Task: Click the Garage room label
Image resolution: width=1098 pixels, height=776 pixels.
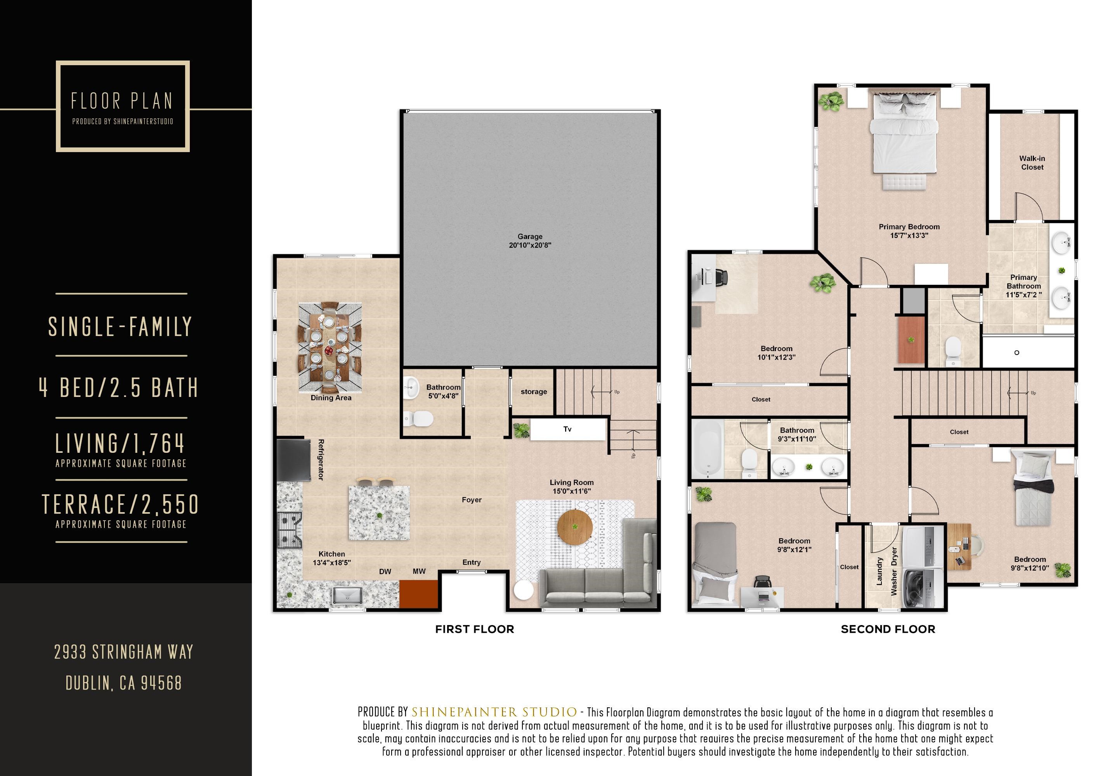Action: point(529,237)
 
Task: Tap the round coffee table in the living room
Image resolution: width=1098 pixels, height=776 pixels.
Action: point(575,527)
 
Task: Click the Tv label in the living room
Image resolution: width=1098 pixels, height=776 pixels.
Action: point(567,429)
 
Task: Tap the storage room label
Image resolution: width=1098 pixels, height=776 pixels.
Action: point(533,391)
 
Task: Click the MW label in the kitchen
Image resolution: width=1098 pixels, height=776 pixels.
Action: point(419,572)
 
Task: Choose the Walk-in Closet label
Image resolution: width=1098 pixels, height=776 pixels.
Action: point(1032,163)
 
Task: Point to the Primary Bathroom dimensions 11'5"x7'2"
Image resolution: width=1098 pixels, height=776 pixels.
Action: point(1023,295)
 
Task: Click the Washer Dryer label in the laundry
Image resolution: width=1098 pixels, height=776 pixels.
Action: point(894,572)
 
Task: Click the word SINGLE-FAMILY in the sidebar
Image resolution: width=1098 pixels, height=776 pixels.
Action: point(120,327)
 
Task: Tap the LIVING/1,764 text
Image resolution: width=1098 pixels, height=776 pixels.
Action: point(120,444)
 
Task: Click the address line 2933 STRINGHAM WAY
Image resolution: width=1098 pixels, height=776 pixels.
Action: point(123,652)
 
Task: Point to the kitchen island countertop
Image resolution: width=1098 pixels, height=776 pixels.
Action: point(379,513)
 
